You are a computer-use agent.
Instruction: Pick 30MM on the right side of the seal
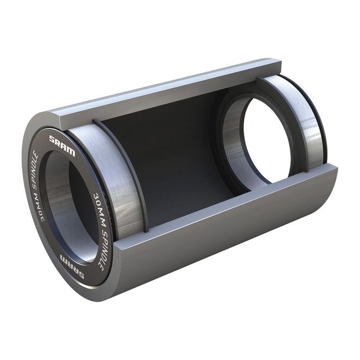coord(98,204)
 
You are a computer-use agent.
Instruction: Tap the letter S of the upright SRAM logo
coord(52,139)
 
